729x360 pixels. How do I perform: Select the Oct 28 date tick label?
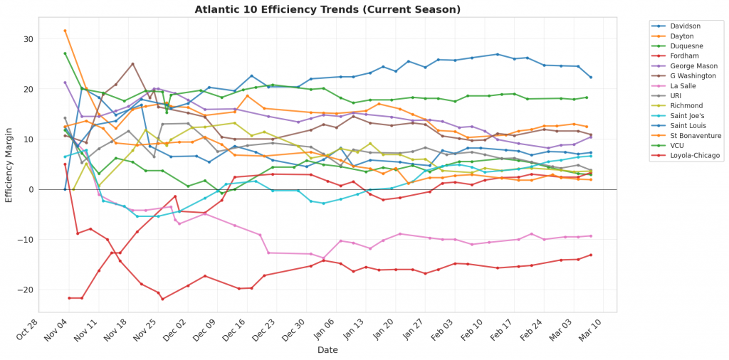pos(37,329)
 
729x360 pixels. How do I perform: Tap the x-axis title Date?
pos(328,350)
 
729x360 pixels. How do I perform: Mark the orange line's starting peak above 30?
pos(65,31)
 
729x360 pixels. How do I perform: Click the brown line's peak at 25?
pos(132,64)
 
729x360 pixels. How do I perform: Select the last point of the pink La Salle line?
pos(591,236)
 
